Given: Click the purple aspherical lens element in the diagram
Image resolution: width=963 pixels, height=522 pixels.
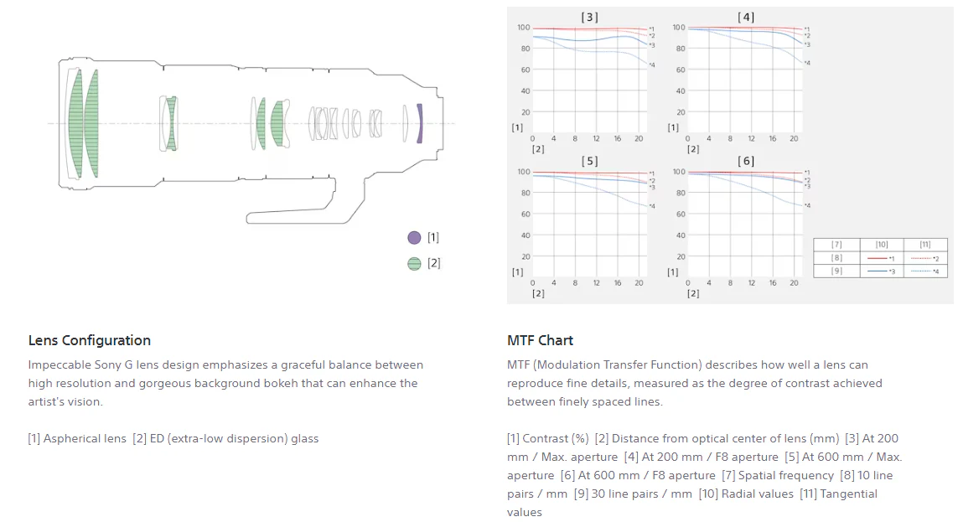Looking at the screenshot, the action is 419,123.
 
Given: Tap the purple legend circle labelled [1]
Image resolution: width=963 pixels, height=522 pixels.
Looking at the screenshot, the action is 415,238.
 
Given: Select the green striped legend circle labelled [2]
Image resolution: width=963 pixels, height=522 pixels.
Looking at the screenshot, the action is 415,263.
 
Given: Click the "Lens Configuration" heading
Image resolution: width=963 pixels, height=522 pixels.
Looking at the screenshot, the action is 90,340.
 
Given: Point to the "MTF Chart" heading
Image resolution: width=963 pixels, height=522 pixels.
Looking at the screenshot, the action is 541,340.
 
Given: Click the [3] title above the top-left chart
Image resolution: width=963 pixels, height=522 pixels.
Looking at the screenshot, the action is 589,18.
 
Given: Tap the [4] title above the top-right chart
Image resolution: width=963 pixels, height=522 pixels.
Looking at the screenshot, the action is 746,18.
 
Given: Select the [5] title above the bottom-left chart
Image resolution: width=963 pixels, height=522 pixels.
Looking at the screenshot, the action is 589,161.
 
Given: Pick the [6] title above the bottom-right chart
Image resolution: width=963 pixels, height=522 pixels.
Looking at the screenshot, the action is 746,161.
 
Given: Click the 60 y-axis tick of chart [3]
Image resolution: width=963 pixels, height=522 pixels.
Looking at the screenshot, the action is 526,70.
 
